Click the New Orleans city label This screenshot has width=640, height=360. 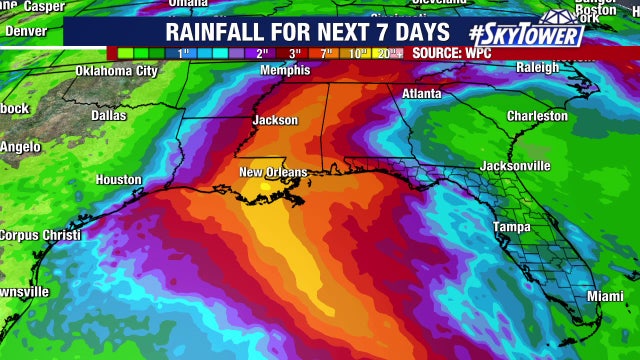coord(273,173)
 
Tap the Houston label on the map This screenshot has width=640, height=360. coord(118,180)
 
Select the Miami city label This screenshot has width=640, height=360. coord(604,297)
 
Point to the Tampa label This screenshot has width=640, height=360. coord(512,227)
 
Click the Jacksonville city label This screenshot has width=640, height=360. coord(515,165)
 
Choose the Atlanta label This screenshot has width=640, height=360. coord(421,94)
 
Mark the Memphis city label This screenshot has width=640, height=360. coord(285,71)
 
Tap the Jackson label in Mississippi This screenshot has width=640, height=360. coord(276,119)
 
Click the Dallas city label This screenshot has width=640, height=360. coord(109,115)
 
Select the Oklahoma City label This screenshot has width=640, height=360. coord(117,71)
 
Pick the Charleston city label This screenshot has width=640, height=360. coord(537,116)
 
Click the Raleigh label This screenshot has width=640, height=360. coord(539,68)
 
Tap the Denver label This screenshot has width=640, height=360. coord(27,31)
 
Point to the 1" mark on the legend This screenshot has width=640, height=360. coord(184,53)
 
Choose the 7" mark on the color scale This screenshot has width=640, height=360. coord(326,53)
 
